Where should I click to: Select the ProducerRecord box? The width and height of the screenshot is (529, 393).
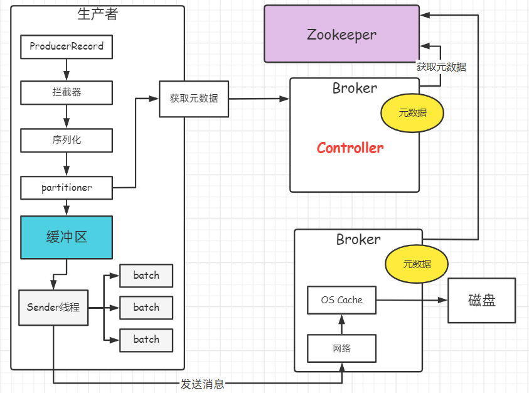click(x=67, y=47)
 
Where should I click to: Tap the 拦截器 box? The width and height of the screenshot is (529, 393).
click(x=67, y=92)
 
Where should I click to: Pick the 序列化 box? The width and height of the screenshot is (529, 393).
click(x=67, y=140)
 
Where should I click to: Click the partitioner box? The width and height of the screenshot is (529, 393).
click(x=67, y=187)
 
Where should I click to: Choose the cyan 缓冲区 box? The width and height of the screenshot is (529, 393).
click(x=67, y=237)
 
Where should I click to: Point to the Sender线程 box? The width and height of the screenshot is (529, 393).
click(x=53, y=308)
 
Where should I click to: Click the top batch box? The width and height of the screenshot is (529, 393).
click(x=146, y=276)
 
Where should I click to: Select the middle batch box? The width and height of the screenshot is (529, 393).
click(x=146, y=308)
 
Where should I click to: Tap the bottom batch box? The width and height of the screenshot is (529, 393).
click(x=146, y=340)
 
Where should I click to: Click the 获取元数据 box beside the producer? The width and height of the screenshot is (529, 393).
click(x=194, y=99)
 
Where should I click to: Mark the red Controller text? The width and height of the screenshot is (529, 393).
click(x=350, y=148)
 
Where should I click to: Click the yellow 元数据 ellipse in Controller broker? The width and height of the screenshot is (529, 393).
click(x=412, y=113)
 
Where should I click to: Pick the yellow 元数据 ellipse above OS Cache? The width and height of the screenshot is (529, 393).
click(x=417, y=264)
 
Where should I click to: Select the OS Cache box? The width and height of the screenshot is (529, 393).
click(x=341, y=300)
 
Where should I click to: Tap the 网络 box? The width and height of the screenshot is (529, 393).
click(x=341, y=348)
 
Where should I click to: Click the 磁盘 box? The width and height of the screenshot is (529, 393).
click(x=481, y=301)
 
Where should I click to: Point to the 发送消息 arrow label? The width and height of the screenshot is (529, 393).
click(x=202, y=384)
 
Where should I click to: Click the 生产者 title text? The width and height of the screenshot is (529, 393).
click(x=97, y=14)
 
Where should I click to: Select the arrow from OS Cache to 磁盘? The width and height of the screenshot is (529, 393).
click(x=412, y=300)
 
